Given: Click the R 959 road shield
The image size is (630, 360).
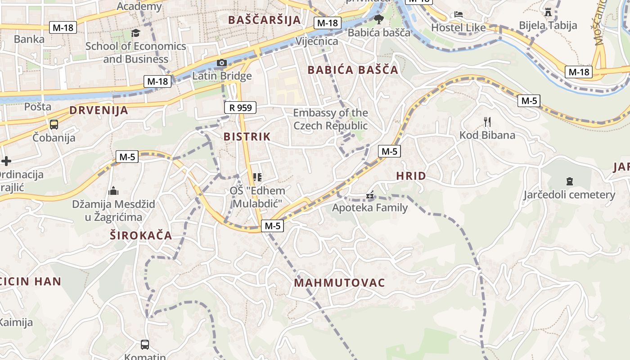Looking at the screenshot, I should tap(240, 108).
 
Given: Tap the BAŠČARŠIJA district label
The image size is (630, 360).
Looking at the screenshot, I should tap(264, 20).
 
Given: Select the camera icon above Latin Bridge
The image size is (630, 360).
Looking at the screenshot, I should tap(222, 63).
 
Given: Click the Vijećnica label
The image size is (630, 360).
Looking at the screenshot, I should tap(317, 41).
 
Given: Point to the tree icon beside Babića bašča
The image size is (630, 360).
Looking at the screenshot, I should tap(379, 19).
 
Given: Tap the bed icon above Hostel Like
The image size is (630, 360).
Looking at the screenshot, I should tap(459, 14).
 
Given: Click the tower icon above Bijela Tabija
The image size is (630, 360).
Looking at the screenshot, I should tap(548, 12).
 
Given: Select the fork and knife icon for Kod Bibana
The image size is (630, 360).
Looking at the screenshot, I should tap(487, 121).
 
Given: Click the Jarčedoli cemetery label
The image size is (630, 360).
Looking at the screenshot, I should tap(569, 195).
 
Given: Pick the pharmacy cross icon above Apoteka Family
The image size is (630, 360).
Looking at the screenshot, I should tap(370, 195).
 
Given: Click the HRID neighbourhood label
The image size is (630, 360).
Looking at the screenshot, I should tap(411, 176).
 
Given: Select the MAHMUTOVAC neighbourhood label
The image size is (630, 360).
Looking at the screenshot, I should tap(340, 283).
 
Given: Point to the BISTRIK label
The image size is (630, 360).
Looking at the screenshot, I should tap(247, 137).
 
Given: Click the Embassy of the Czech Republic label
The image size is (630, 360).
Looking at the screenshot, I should tap(330, 119).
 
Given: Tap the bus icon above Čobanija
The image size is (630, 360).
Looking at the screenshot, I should tap(54, 124).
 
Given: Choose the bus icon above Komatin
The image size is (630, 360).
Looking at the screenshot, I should tap(145, 345).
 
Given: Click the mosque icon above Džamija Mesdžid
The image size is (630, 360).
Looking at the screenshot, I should tap(113, 191).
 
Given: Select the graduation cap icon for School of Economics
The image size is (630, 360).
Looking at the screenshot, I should tap(135, 33).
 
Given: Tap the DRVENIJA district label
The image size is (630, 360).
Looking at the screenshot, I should tap(99, 110).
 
